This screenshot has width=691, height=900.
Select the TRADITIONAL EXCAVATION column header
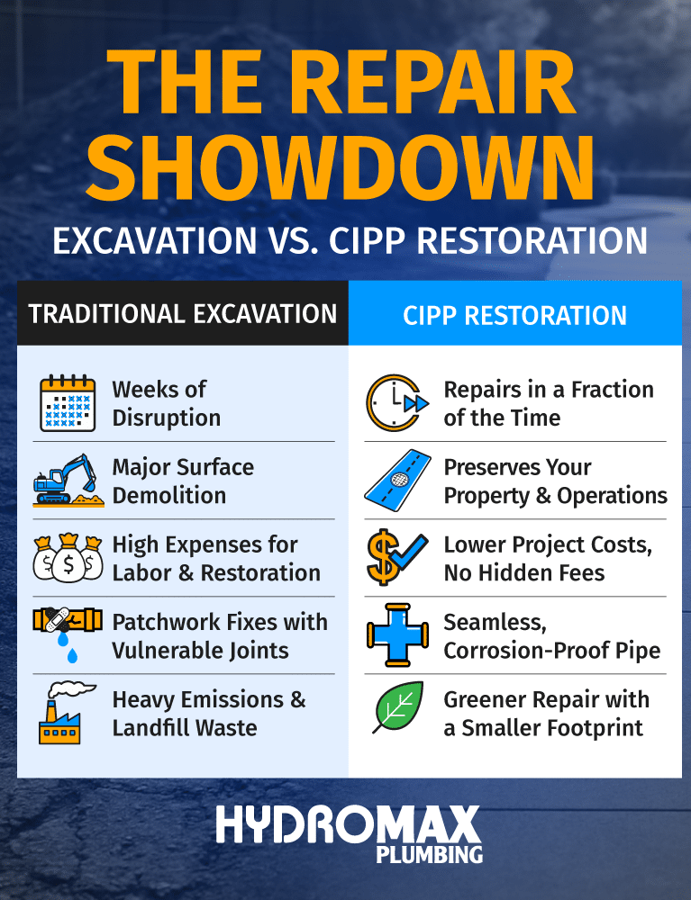(x=183, y=313)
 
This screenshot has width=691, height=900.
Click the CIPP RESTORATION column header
(x=514, y=315)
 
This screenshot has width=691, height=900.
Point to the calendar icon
(x=68, y=403)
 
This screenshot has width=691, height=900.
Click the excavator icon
(x=67, y=480)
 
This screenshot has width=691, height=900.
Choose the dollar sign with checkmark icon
(x=396, y=558)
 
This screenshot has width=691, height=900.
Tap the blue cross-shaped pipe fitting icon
(x=396, y=635)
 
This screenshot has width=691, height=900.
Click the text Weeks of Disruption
(x=166, y=403)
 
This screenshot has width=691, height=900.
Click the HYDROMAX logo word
(x=348, y=826)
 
